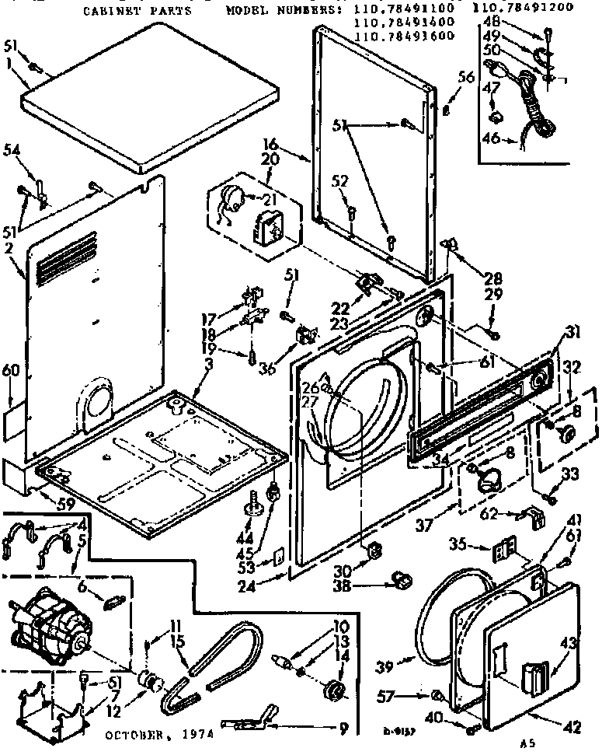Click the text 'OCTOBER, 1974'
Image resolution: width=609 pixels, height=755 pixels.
158,734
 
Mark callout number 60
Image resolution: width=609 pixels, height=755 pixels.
9,372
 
